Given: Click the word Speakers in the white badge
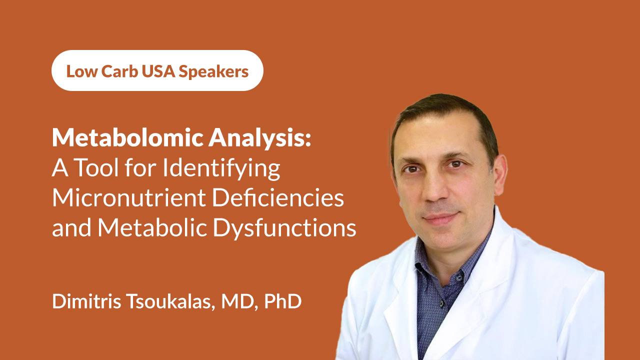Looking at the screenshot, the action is tap(213, 71).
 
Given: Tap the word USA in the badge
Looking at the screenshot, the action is tap(158, 71).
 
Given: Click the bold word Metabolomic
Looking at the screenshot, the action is tap(127, 137).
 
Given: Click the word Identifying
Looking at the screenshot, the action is tap(221, 169).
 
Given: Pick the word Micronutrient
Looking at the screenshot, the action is tap(129, 197).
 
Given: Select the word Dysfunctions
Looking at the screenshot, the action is tap(284, 229).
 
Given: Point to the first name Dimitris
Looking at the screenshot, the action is tap(86, 301).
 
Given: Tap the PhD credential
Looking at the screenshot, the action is tap(283, 301).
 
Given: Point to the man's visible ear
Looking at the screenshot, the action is tap(500, 175).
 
